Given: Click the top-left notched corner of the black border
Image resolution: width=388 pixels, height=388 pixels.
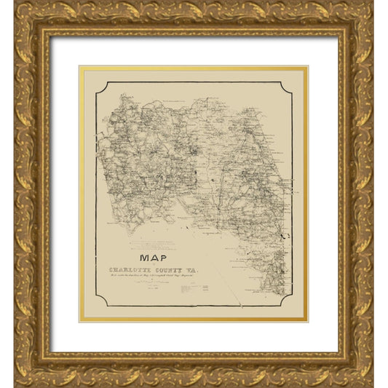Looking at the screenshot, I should tap(99, 84).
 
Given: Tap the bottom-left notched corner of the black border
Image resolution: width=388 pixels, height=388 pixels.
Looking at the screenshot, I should tap(99, 304).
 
